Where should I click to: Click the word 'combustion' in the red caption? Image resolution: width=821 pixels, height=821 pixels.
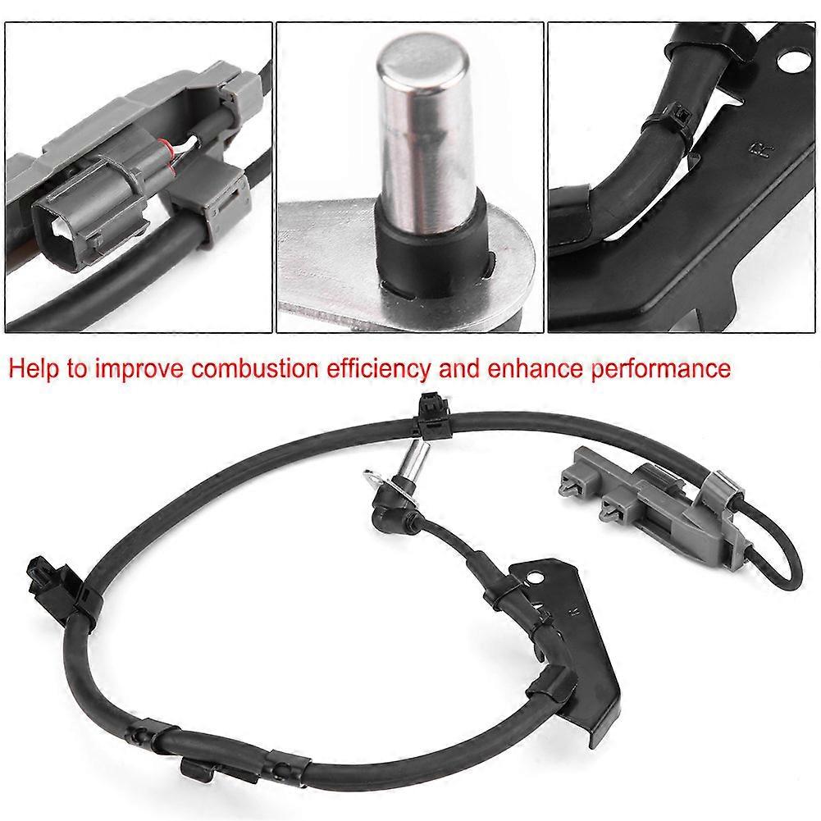coord(254,368)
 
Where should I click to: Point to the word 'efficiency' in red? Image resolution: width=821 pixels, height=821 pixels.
coord(379,370)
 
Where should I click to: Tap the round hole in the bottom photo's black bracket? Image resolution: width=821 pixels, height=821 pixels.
coord(534,577)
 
